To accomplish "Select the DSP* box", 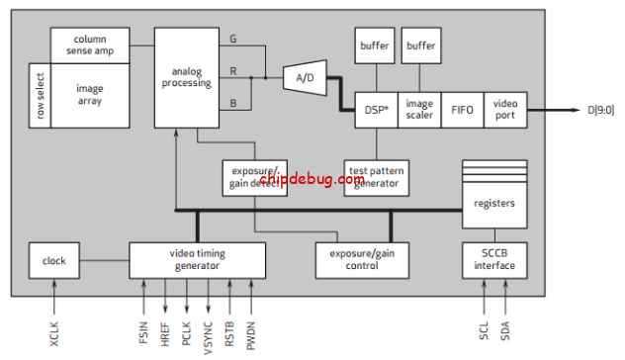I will (x=376, y=110).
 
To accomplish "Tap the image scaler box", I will (x=419, y=110).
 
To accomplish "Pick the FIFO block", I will (x=462, y=110).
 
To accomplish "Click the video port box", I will (x=504, y=110).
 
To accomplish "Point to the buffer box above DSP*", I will (x=375, y=45).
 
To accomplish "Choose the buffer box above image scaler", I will (x=419, y=45).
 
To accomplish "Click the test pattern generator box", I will (x=375, y=177).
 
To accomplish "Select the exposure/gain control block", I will (x=355, y=260).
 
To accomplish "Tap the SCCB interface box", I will (x=494, y=260).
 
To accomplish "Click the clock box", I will (x=54, y=260).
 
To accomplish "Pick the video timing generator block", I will (x=198, y=260).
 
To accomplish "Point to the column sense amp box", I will (x=90, y=44).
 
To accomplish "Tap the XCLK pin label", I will (x=54, y=327).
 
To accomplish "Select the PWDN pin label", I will (x=250, y=327).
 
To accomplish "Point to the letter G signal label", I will (x=231, y=40).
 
